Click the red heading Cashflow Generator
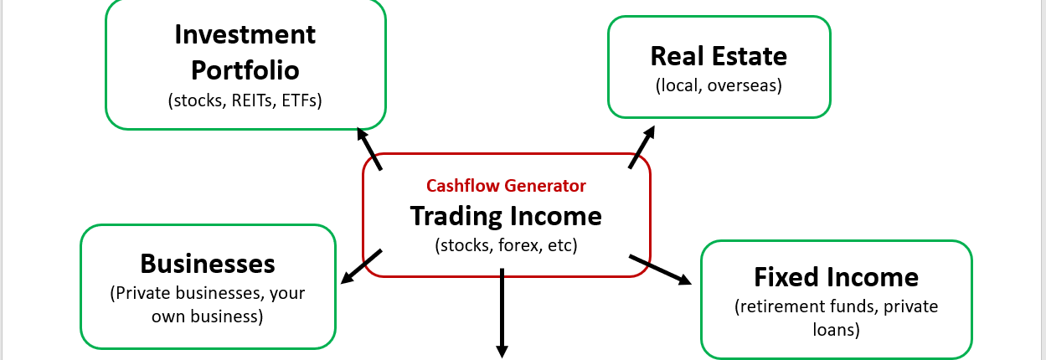(x=506, y=186)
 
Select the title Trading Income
(x=506, y=216)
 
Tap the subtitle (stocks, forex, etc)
(x=506, y=246)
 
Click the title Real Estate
(x=719, y=56)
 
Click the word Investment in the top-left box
(x=245, y=34)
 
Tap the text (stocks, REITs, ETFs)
(x=245, y=100)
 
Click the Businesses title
(x=208, y=264)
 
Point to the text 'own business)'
(x=208, y=316)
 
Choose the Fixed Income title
(x=836, y=276)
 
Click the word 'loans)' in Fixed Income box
(x=836, y=330)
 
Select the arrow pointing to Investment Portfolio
(x=369, y=148)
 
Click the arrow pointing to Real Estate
(x=641, y=147)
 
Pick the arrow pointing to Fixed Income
(x=660, y=270)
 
